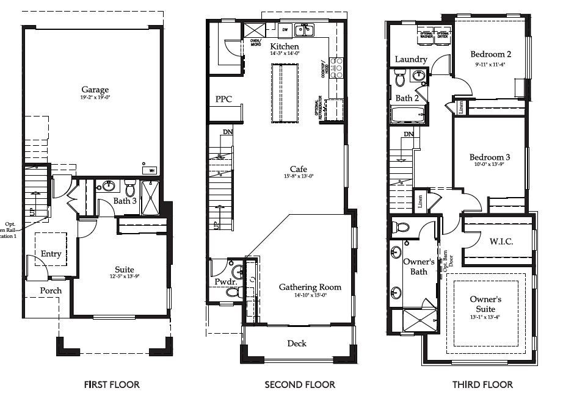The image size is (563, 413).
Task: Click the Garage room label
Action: pyautogui.click(x=95, y=90)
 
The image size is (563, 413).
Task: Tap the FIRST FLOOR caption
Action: pyautogui.click(x=111, y=384)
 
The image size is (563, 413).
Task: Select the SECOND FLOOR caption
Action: pyautogui.click(x=299, y=384)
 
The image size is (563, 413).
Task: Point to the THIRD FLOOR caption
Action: pyautogui.click(x=482, y=384)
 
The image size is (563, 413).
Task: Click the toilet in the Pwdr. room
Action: pyautogui.click(x=233, y=292)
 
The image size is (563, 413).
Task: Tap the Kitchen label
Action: pyautogui.click(x=285, y=46)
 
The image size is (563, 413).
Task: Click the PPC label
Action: pyautogui.click(x=223, y=99)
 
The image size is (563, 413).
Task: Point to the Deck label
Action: pyautogui.click(x=297, y=343)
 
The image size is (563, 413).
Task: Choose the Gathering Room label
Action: pyautogui.click(x=310, y=287)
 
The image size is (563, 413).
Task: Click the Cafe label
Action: pyautogui.click(x=299, y=169)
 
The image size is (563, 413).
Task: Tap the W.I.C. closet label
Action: pyautogui.click(x=501, y=242)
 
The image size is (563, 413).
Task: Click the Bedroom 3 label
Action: pyautogui.click(x=491, y=157)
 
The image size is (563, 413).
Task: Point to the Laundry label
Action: pyautogui.click(x=411, y=59)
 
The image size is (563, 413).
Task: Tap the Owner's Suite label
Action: pyautogui.click(x=485, y=305)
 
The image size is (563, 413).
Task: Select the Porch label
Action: pyautogui.click(x=51, y=290)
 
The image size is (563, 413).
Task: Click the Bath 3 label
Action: pyautogui.click(x=125, y=201)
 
